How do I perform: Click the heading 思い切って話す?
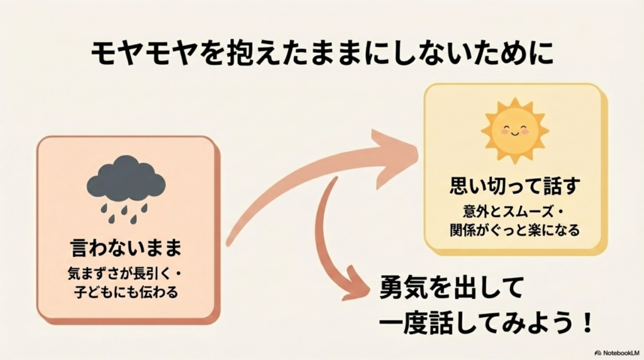514,186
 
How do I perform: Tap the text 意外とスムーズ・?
514,211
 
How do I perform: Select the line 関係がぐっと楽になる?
514,230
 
